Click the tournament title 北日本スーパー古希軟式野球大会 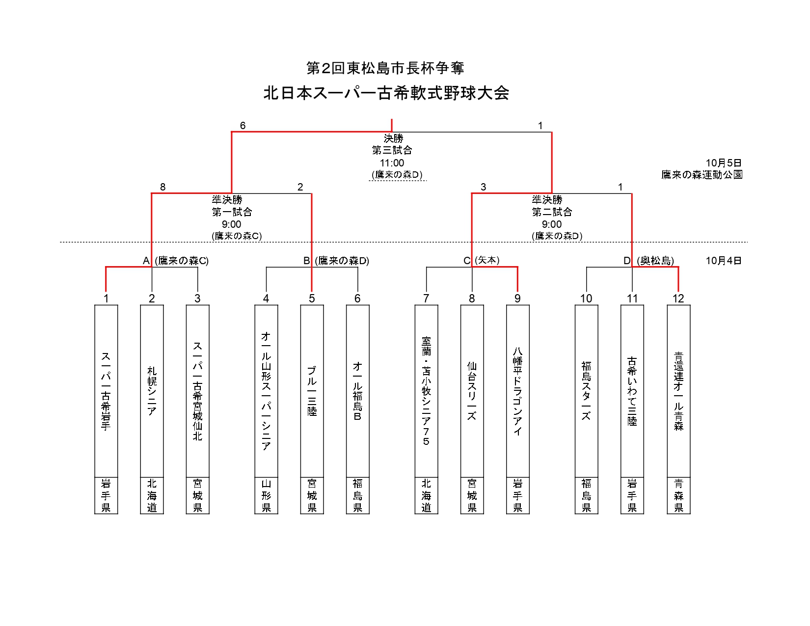(386, 93)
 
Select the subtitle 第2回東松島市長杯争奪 (385, 68)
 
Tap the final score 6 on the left (243, 126)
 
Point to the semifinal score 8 (163, 187)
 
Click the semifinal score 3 (484, 187)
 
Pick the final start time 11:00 (392, 163)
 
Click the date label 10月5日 (724, 163)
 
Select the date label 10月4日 (724, 261)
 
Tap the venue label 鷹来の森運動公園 (702, 175)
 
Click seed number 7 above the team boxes (426, 299)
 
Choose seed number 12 (678, 299)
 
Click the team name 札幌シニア (152, 391)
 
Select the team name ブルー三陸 (312, 391)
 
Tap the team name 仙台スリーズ (472, 391)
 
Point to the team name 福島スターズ (586, 391)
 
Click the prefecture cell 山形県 (266, 495)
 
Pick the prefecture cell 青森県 (678, 495)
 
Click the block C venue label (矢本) (487, 260)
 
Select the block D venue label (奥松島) (655, 261)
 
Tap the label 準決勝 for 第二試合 (547, 200)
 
